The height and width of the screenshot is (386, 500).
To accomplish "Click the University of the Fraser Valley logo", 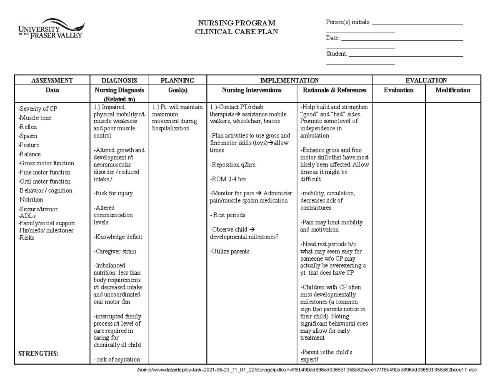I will point(50,28).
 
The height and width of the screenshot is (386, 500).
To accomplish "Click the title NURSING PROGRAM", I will point(236,23).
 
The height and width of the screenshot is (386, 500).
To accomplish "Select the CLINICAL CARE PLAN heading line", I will point(236,32).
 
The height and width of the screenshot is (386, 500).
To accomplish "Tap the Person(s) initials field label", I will point(348,22).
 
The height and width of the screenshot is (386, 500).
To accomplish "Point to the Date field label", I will point(333,38).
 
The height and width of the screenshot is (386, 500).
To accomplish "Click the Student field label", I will point(337,54).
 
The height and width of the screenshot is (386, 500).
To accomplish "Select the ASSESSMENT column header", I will point(52,80).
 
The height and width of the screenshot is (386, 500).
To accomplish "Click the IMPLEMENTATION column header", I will point(289,80).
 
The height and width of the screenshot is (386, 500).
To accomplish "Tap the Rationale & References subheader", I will point(335,90).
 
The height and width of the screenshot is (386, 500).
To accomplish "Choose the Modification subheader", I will point(453,90).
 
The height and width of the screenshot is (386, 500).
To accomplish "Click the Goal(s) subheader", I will point(177,90).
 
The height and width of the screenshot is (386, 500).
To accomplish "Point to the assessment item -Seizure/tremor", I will point(38,209).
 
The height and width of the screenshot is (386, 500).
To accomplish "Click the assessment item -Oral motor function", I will point(44,182).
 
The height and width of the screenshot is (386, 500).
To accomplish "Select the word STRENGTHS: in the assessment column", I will point(38,354).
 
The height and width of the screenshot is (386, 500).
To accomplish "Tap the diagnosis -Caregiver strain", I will point(115,252).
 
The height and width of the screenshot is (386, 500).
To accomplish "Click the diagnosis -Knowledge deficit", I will point(117,237).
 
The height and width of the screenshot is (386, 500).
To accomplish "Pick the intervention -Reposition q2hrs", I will point(232,164).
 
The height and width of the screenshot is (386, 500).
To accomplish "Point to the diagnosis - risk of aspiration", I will point(117,360).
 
